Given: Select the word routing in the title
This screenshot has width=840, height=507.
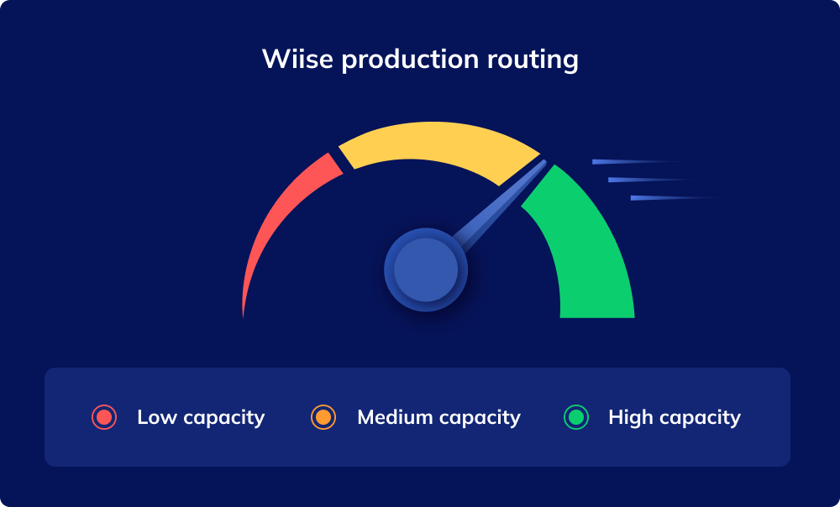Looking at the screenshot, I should point(536,60).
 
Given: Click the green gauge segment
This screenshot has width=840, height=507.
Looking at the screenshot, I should point(588,252).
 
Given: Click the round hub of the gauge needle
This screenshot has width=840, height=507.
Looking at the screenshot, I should point(426,269).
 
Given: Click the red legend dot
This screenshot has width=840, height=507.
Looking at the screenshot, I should point(104,417).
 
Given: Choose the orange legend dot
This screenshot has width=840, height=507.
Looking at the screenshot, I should point(323,417).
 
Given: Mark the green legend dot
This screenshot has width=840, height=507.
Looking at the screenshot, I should point(576,417).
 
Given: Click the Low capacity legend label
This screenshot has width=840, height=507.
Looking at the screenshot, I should point(201,417).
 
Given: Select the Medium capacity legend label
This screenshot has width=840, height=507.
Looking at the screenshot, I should point(438,417).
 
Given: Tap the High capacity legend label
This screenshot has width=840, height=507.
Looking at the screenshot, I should point(675,417).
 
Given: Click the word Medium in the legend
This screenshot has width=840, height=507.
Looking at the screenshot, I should point(395,417).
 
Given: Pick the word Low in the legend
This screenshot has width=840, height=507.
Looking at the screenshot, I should point(156,417).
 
